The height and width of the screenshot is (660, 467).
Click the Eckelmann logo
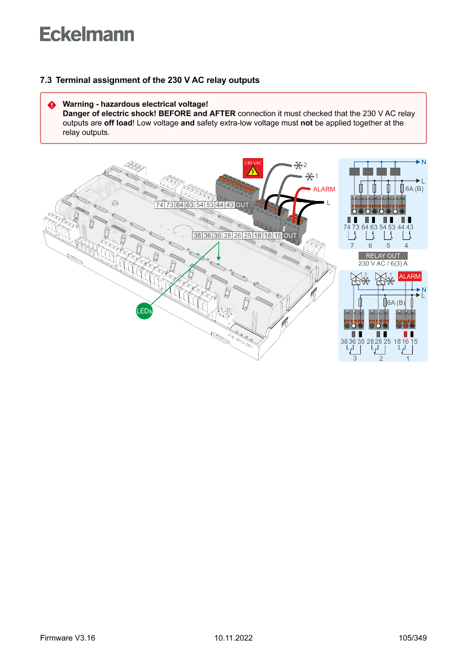pos(87,34)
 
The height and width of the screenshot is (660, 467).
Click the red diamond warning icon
pos(51,104)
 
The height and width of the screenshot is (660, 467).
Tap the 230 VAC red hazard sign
pos(252,168)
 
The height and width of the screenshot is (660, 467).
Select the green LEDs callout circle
pos(145,311)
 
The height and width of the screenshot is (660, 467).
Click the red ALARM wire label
pos(324,189)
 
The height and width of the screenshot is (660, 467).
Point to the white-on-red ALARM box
pos(410,277)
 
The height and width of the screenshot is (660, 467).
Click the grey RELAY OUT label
pos(383,256)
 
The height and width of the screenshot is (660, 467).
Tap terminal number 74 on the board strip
pos(160,205)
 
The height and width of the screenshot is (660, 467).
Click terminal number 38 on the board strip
pos(197,235)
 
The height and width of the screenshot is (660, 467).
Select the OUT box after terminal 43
pos(242,205)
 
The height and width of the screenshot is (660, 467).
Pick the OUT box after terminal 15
pos(290,235)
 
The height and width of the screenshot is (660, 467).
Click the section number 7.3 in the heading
pos(46,80)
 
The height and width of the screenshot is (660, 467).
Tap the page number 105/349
pos(412,638)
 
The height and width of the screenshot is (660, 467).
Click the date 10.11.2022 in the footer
pos(233,638)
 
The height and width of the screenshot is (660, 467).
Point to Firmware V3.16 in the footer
pos(68,638)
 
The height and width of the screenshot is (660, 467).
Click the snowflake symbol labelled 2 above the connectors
pos(298,165)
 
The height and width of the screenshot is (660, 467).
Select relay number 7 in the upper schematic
pos(352,246)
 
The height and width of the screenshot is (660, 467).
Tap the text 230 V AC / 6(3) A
pos(383,263)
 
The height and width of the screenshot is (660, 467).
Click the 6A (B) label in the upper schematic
pos(414,189)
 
